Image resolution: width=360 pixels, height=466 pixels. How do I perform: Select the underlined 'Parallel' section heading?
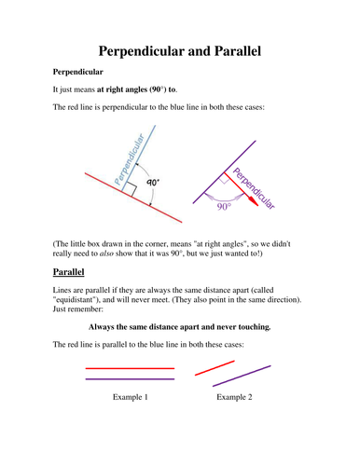(67, 273)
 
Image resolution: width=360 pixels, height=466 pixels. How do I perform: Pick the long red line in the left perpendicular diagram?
(121, 191)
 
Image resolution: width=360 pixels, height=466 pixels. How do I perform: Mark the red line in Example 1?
(130, 368)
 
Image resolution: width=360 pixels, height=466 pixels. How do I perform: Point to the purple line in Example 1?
(130, 379)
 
